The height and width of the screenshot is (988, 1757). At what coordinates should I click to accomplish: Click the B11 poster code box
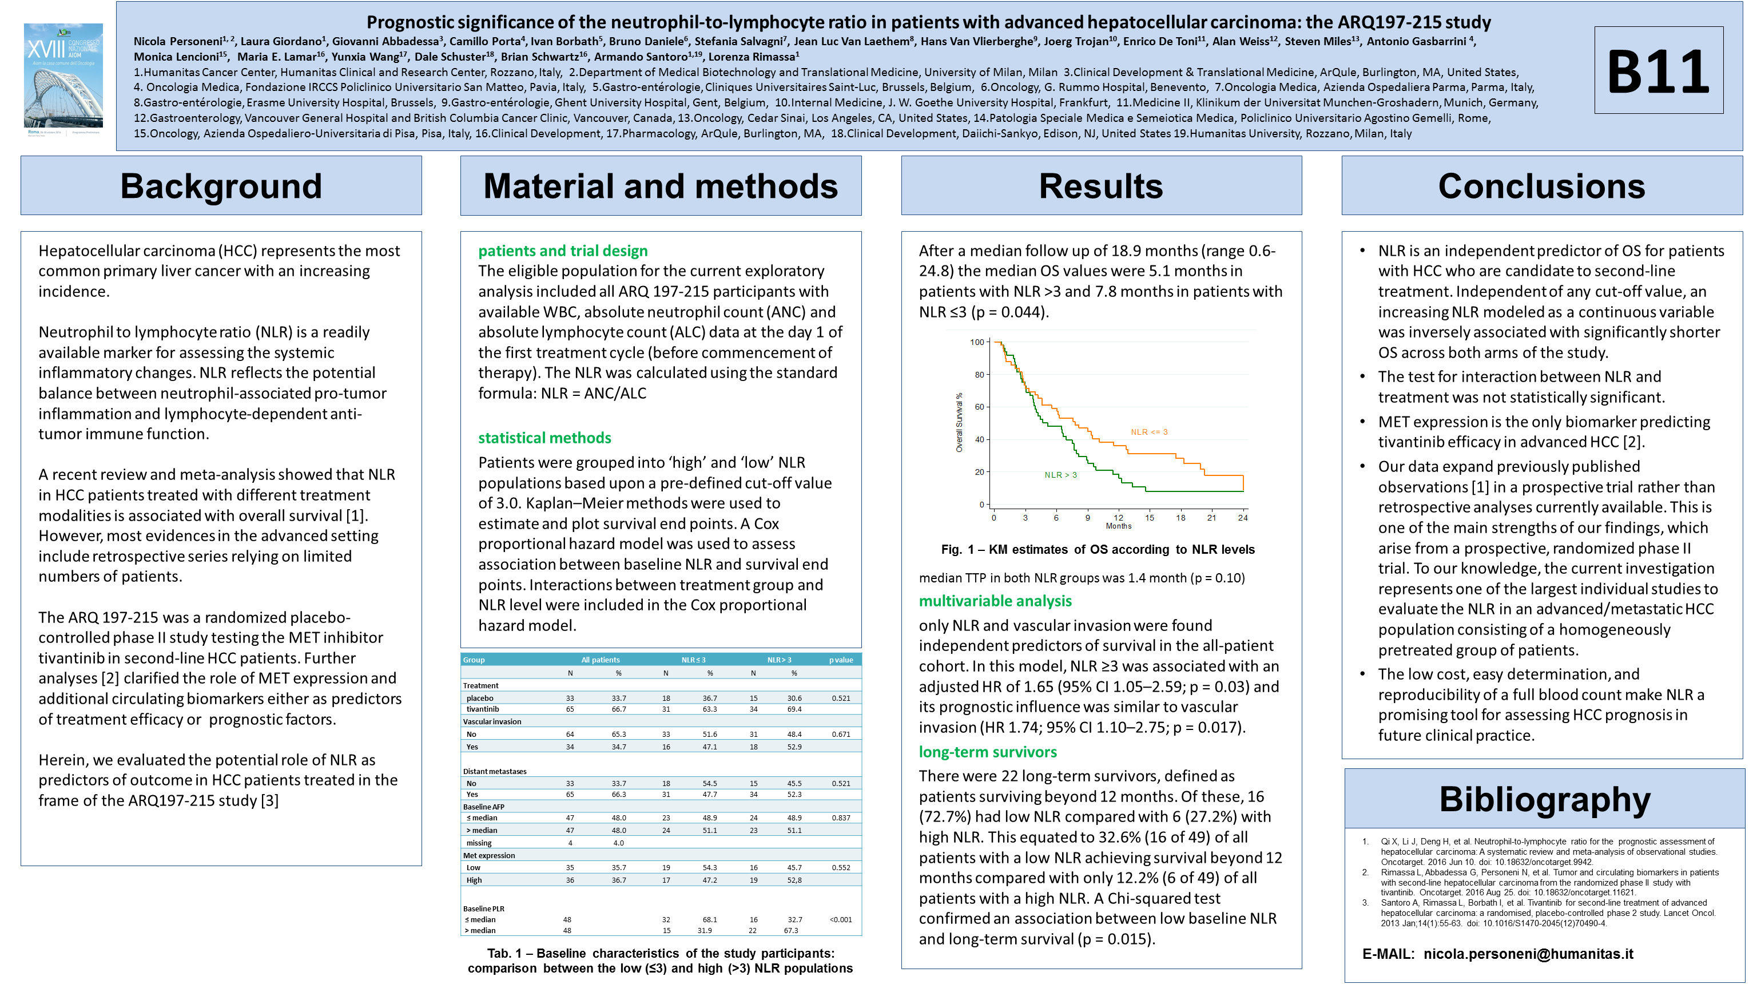tap(1658, 70)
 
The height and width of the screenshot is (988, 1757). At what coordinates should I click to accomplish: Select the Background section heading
tap(221, 187)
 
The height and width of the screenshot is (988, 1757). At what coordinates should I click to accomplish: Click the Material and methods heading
tap(660, 187)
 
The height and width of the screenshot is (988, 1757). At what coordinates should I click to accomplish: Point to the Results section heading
tap(1101, 187)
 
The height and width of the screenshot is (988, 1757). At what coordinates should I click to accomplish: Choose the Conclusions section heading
tap(1541, 187)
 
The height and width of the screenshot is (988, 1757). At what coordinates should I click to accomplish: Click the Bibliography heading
tap(1544, 799)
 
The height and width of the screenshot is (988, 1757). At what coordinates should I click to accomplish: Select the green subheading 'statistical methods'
tap(544, 438)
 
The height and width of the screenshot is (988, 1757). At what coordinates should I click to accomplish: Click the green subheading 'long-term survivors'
tap(987, 752)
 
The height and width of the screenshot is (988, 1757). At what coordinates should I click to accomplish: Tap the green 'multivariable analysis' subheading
tap(995, 601)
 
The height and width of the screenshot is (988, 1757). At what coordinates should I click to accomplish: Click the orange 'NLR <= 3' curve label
tap(1148, 432)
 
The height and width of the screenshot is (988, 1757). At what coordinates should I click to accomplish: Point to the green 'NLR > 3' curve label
tap(1060, 475)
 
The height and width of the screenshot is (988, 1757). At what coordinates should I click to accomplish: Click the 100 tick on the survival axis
tap(977, 343)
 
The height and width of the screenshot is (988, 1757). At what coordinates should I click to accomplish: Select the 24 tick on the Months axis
tap(1243, 518)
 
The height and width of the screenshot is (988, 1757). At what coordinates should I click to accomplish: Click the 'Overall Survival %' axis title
tap(959, 423)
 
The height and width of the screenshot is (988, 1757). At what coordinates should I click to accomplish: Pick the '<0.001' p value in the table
tap(840, 920)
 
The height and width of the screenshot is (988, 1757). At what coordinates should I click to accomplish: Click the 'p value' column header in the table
tap(840, 660)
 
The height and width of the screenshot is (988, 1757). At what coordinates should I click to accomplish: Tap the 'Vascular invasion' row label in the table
tap(492, 722)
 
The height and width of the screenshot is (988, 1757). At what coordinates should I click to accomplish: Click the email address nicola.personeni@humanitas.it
tap(1528, 954)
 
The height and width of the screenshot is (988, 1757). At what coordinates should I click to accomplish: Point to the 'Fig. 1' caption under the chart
tap(1098, 549)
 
